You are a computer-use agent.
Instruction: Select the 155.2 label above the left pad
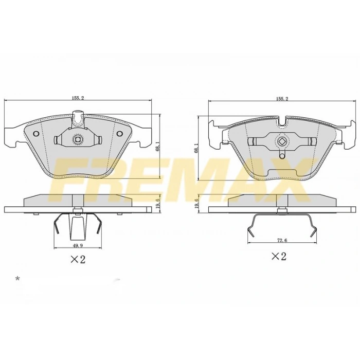tap(79, 98)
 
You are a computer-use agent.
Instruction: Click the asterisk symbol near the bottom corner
tap(17, 279)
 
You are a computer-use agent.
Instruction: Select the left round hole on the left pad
tap(35, 134)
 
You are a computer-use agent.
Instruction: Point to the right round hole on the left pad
tap(119, 134)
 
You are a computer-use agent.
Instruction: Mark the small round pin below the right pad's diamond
tap(282, 156)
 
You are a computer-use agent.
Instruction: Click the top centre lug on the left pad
tap(77, 120)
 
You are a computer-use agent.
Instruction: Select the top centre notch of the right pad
tap(282, 122)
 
